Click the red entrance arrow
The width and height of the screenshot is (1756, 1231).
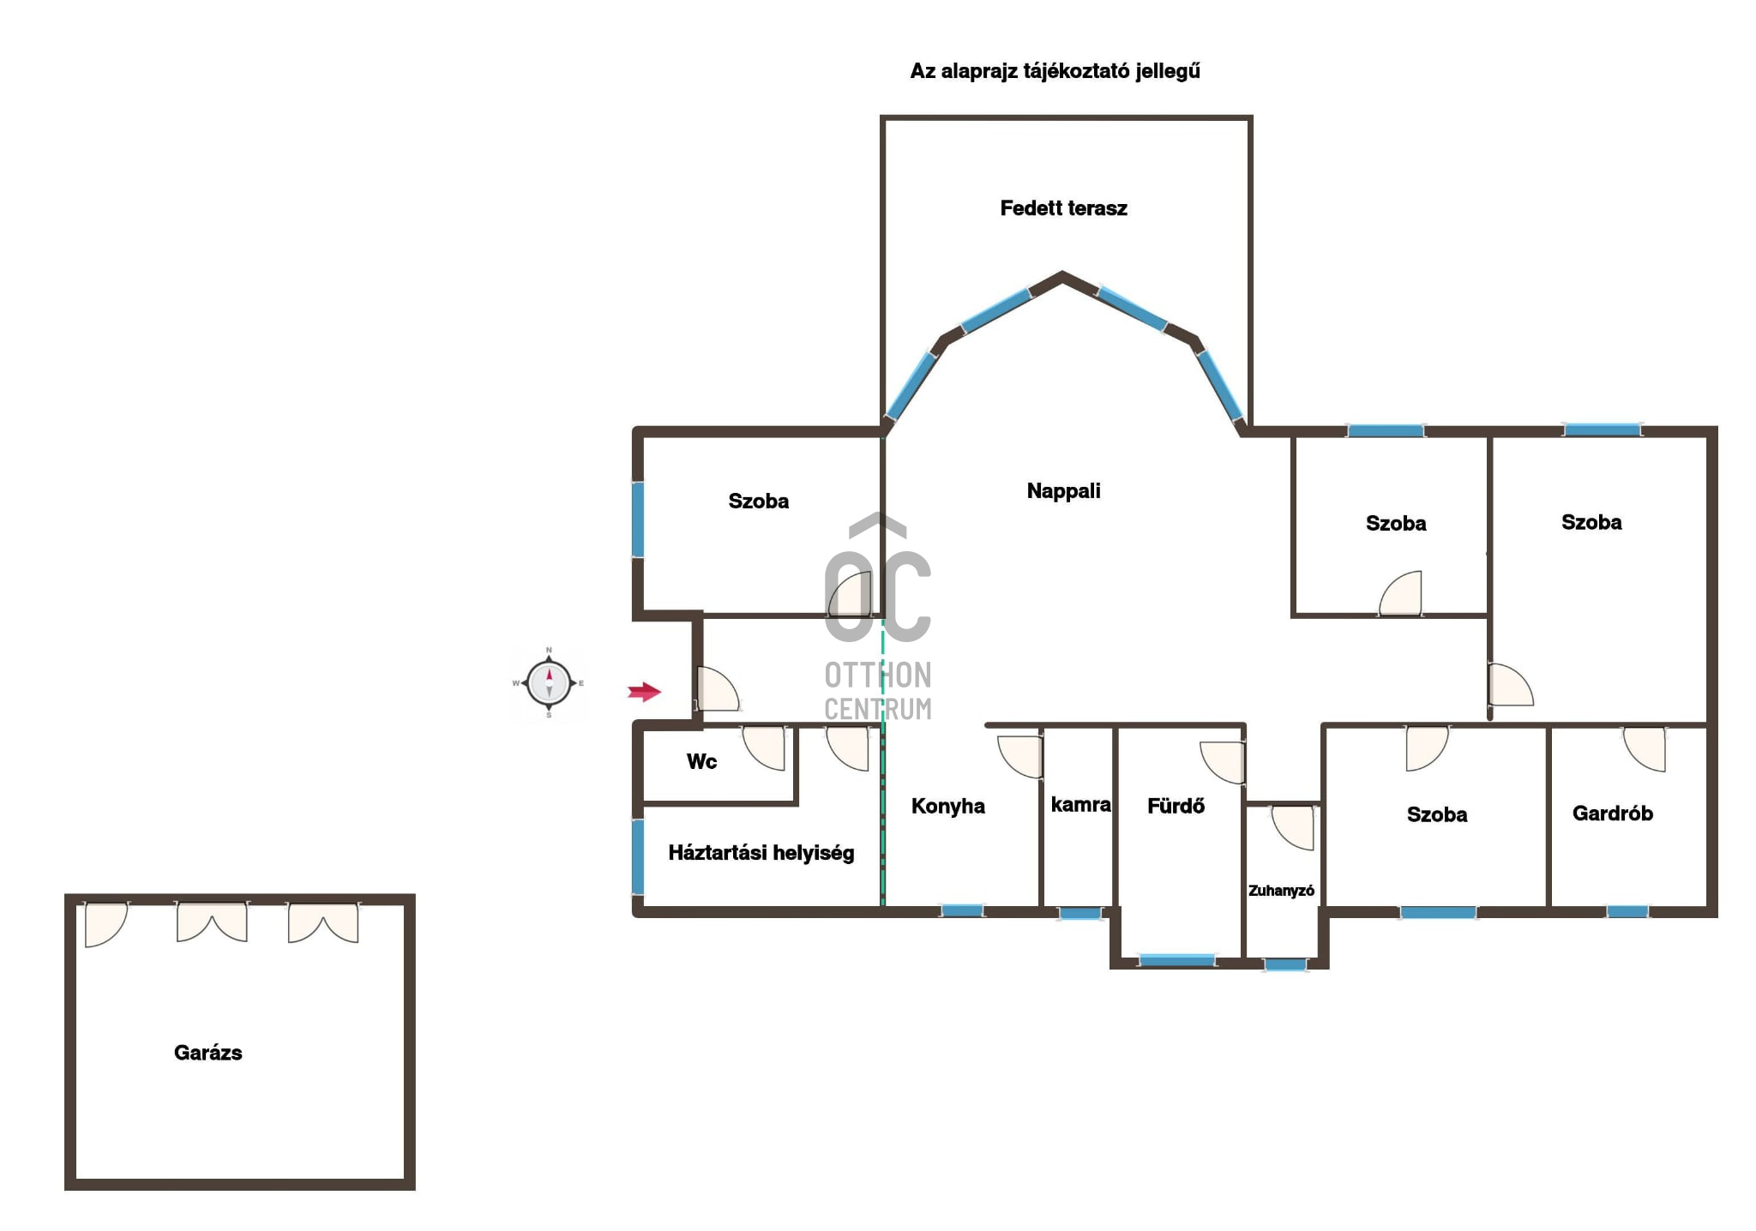[x=645, y=692]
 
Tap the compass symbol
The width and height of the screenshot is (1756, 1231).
[x=549, y=683]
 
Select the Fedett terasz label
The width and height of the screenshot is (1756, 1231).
[x=1063, y=208]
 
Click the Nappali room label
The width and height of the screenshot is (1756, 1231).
[x=1063, y=491]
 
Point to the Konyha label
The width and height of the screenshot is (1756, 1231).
[x=947, y=806]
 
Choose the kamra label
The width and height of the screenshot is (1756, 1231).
[x=1080, y=805]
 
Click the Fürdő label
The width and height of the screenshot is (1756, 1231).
[x=1176, y=806]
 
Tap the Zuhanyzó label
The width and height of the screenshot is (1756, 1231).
[x=1281, y=891]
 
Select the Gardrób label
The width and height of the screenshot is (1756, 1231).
[x=1612, y=814]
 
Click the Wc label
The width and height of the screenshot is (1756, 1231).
[x=701, y=761]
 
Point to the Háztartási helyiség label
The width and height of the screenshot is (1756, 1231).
[x=761, y=853]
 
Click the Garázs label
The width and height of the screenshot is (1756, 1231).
[x=207, y=1053]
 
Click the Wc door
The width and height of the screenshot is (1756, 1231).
[x=763, y=748]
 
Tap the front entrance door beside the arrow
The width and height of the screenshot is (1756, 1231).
[x=718, y=689]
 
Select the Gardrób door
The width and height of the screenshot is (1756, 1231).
[x=1645, y=749]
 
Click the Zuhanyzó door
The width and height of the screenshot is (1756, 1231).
[x=1293, y=828]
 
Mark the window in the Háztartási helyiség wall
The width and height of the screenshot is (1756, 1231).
[x=638, y=857]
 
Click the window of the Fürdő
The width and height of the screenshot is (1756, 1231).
[x=1177, y=960]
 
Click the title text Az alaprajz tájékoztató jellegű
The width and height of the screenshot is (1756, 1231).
[x=1055, y=71]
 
